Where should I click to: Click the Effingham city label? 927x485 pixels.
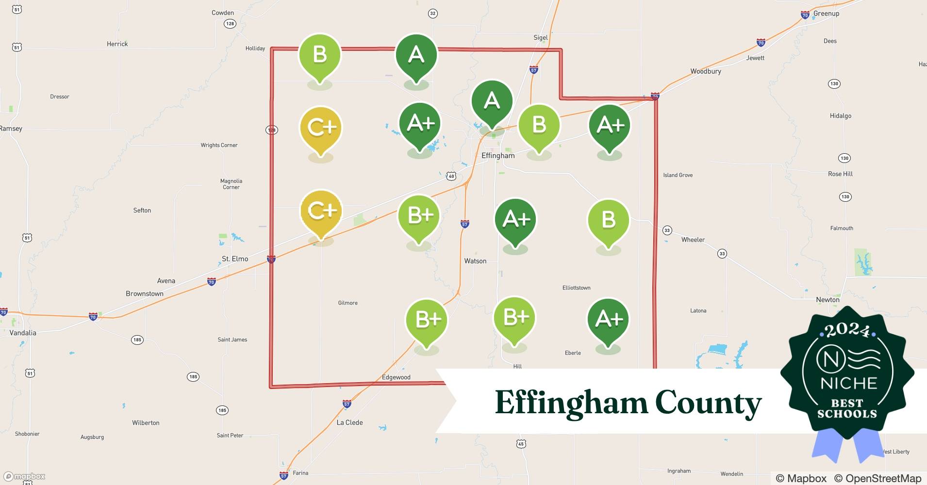coord(498,156)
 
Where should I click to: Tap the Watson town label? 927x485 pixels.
coord(475,261)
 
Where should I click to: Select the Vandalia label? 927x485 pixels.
coord(23,333)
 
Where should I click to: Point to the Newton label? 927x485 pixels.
coord(828,300)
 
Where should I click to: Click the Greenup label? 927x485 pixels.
coord(826,14)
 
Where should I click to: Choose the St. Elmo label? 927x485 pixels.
coord(235,259)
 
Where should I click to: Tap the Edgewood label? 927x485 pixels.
coord(396,377)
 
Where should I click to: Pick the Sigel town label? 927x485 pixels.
coord(540,37)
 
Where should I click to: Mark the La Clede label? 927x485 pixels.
coord(349,422)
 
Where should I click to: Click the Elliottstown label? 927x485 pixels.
coord(576,288)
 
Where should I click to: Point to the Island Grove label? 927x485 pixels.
coord(678,175)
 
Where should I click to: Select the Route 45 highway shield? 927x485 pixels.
coord(521,444)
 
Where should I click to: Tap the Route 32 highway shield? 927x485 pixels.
coord(432,14)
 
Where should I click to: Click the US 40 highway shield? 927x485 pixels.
coord(451,176)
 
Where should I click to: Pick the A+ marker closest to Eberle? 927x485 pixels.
coord(608,320)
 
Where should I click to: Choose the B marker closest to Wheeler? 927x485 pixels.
coord(608,221)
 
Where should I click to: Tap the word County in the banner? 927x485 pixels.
coord(708,403)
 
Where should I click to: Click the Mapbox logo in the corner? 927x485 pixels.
coord(24,476)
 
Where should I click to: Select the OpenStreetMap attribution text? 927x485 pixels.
coord(877,478)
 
